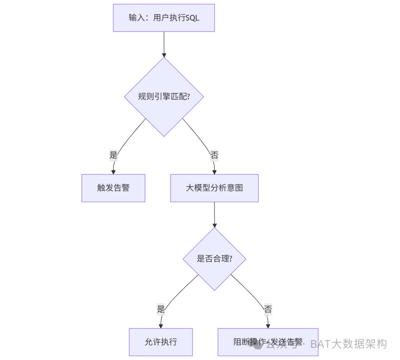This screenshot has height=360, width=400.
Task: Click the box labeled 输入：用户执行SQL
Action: pyautogui.click(x=164, y=18)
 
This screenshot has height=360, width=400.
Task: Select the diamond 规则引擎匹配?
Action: pyautogui.click(x=164, y=97)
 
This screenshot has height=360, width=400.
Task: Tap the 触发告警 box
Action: pyautogui.click(x=113, y=188)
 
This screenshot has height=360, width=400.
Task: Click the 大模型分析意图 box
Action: pyautogui.click(x=214, y=188)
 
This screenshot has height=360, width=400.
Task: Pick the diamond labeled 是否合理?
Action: pyautogui.click(x=214, y=259)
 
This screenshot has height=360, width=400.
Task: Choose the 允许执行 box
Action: pyautogui.click(x=161, y=341)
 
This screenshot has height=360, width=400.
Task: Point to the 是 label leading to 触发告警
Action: pyautogui.click(x=113, y=155)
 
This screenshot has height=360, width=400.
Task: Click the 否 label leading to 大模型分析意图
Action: pyautogui.click(x=214, y=155)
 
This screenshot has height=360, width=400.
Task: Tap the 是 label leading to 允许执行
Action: pyautogui.click(x=161, y=309)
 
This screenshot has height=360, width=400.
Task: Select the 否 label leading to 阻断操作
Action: pyautogui.click(x=268, y=309)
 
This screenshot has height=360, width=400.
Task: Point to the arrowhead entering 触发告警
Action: pyautogui.click(x=113, y=172)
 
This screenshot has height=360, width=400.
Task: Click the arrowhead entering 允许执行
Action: pyautogui.click(x=161, y=326)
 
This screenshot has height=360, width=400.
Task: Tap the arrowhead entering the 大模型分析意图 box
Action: pyautogui.click(x=214, y=172)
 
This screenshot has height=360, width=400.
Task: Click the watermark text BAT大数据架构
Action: pyautogui.click(x=348, y=344)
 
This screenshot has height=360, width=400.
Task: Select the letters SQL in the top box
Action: pyautogui.click(x=192, y=18)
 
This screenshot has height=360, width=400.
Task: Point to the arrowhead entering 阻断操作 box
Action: pyautogui.click(x=268, y=326)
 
